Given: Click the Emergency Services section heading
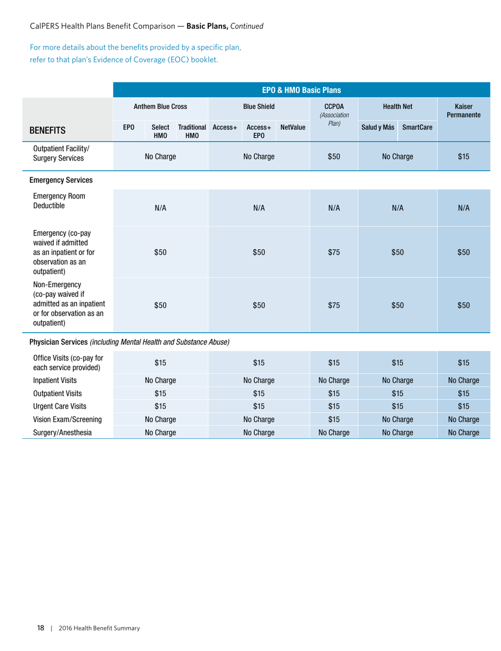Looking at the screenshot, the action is tap(57, 178).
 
